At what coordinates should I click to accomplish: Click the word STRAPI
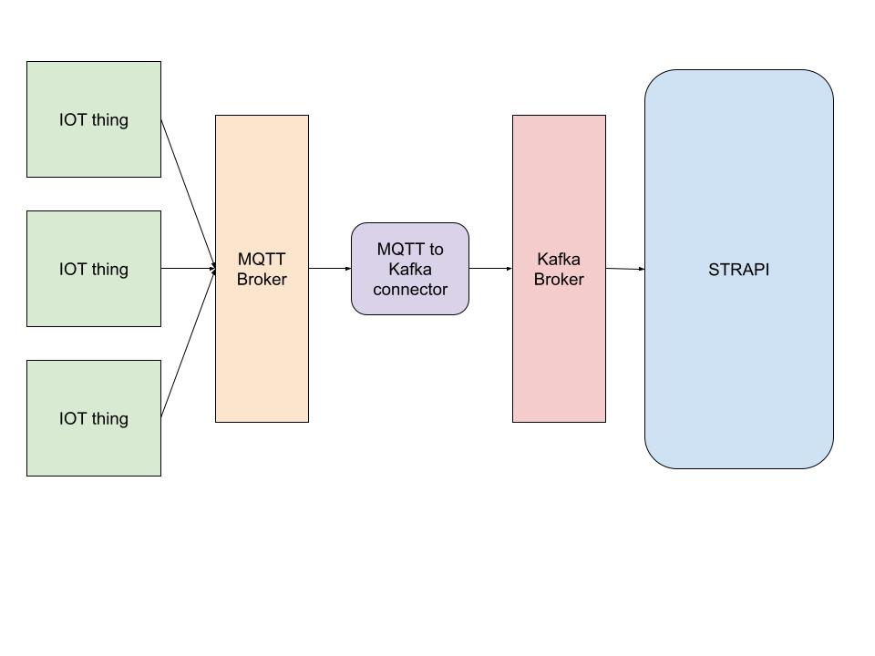tap(738, 270)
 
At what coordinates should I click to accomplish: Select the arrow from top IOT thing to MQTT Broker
tap(188, 192)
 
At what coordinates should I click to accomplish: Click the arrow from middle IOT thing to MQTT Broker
tap(188, 269)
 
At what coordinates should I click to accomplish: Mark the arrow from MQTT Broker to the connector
tap(330, 269)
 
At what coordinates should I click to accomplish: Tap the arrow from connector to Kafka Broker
tap(490, 269)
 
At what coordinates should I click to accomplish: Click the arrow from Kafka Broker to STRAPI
tap(625, 269)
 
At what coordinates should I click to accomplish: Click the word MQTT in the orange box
tap(262, 260)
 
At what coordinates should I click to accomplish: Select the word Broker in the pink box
tap(559, 280)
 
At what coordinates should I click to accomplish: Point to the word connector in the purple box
tap(410, 290)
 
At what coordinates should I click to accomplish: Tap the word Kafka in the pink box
tap(559, 260)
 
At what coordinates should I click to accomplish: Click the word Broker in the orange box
tap(262, 280)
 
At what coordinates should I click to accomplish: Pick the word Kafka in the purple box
tap(410, 270)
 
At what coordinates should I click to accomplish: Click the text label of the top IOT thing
tap(94, 120)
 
